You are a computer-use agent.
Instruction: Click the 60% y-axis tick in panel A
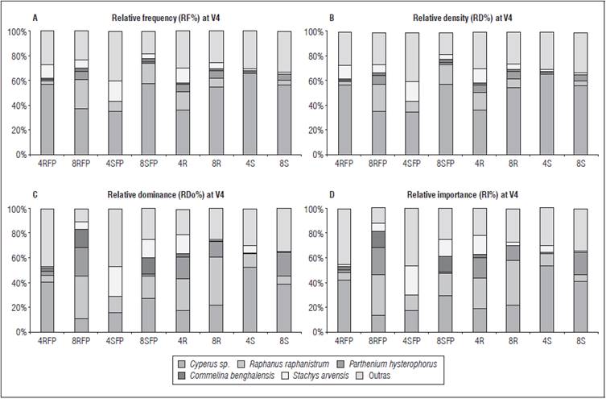pyautogui.click(x=16, y=81)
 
